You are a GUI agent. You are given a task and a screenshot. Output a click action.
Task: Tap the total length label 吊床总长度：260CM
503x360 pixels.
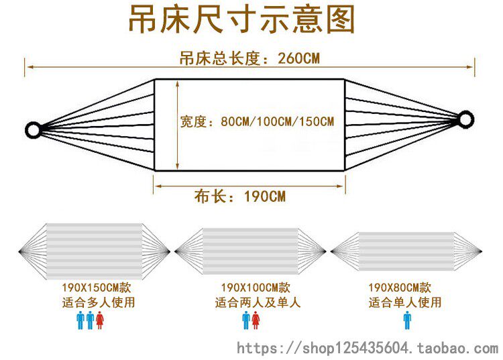point(249,58)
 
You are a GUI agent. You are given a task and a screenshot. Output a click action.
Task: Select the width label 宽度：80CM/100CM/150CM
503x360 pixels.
point(257,122)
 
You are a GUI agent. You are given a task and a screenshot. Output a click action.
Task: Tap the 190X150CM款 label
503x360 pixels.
point(95,286)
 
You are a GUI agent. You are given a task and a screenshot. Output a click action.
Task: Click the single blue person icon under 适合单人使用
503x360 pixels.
point(407,320)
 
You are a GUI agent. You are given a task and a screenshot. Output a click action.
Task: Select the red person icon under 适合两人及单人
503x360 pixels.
point(256,320)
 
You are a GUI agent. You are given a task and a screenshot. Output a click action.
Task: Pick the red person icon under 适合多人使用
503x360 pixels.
point(100,320)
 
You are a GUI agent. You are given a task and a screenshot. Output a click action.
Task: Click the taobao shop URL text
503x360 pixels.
point(368,348)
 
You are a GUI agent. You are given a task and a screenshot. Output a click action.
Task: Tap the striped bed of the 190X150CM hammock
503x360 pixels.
point(95,251)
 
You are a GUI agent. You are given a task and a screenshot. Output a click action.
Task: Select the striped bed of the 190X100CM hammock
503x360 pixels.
point(250,252)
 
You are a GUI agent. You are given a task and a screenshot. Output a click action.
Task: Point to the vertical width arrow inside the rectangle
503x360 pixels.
point(177,125)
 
